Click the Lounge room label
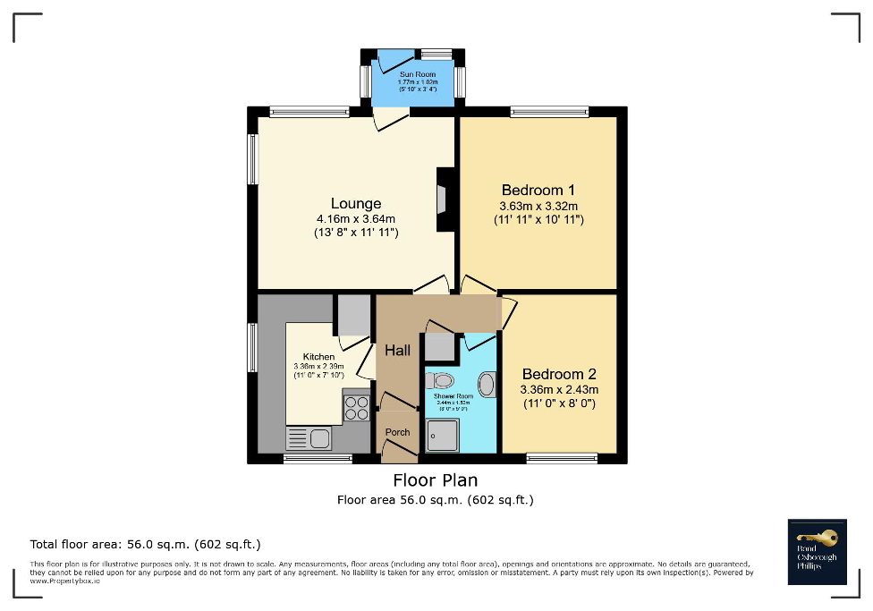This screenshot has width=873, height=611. pyautogui.click(x=355, y=204)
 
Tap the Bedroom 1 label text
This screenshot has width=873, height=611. pyautogui.click(x=538, y=190)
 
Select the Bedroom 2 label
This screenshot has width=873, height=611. pyautogui.click(x=559, y=374)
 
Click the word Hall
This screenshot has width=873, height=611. pyautogui.click(x=397, y=351)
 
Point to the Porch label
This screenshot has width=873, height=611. pyautogui.click(x=397, y=432)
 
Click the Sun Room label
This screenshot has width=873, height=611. pyautogui.click(x=412, y=73)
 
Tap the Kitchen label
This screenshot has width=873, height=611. pyautogui.click(x=318, y=357)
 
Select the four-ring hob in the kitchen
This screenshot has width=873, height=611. pyautogui.click(x=357, y=408)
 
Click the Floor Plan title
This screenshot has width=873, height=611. pyautogui.click(x=436, y=480)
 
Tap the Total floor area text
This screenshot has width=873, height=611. pyautogui.click(x=145, y=544)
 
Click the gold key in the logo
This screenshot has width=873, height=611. pyautogui.click(x=822, y=538)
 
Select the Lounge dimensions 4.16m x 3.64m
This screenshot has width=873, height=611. pyautogui.click(x=355, y=219)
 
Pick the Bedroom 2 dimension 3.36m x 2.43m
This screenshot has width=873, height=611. pyautogui.click(x=559, y=389)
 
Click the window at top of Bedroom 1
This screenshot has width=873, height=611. pyautogui.click(x=549, y=112)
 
